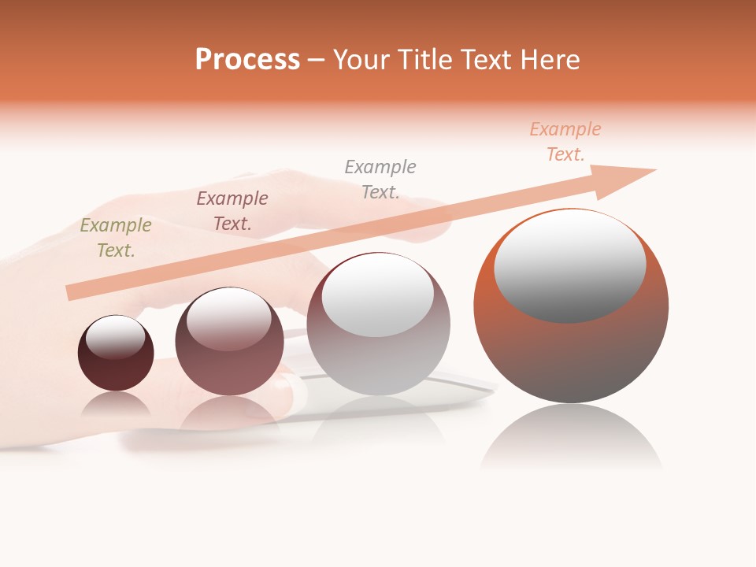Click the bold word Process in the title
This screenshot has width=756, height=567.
(247, 60)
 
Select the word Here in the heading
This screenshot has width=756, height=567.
(550, 60)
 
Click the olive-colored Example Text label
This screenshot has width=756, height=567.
(116, 238)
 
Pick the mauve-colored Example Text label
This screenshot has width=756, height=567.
(232, 211)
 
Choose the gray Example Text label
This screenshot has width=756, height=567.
(380, 179)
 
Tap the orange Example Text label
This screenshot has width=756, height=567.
(565, 142)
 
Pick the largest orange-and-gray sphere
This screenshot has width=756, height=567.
(571, 354)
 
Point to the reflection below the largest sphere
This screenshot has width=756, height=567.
(571, 437)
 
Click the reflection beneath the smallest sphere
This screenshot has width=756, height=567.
(116, 403)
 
